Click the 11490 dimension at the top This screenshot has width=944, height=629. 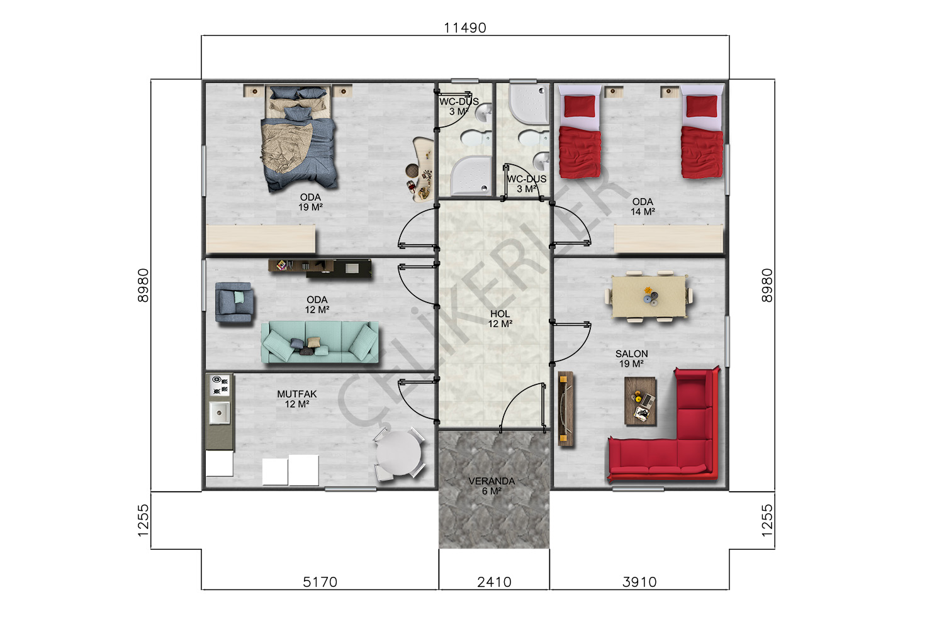[x=465, y=28]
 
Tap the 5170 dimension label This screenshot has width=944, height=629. [x=320, y=582]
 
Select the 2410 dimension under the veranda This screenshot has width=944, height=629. [x=494, y=582]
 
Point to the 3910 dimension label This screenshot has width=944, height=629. [x=640, y=582]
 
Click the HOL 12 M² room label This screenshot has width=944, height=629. [x=500, y=319]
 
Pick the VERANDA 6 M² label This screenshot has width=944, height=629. [x=492, y=486]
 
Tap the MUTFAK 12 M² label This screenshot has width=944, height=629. [x=296, y=399]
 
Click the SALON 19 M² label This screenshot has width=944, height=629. [x=631, y=359]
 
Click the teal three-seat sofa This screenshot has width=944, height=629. [x=320, y=342]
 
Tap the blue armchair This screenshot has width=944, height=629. [x=234, y=303]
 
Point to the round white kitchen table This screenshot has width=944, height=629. [x=398, y=454]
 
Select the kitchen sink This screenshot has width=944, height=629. [x=220, y=413]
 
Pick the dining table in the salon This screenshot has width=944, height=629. [x=649, y=297]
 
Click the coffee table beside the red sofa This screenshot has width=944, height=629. [x=640, y=401]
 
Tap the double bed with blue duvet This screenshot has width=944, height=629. [x=299, y=138]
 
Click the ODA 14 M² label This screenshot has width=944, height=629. [x=643, y=207]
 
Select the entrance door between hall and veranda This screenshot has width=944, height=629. [x=522, y=406]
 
